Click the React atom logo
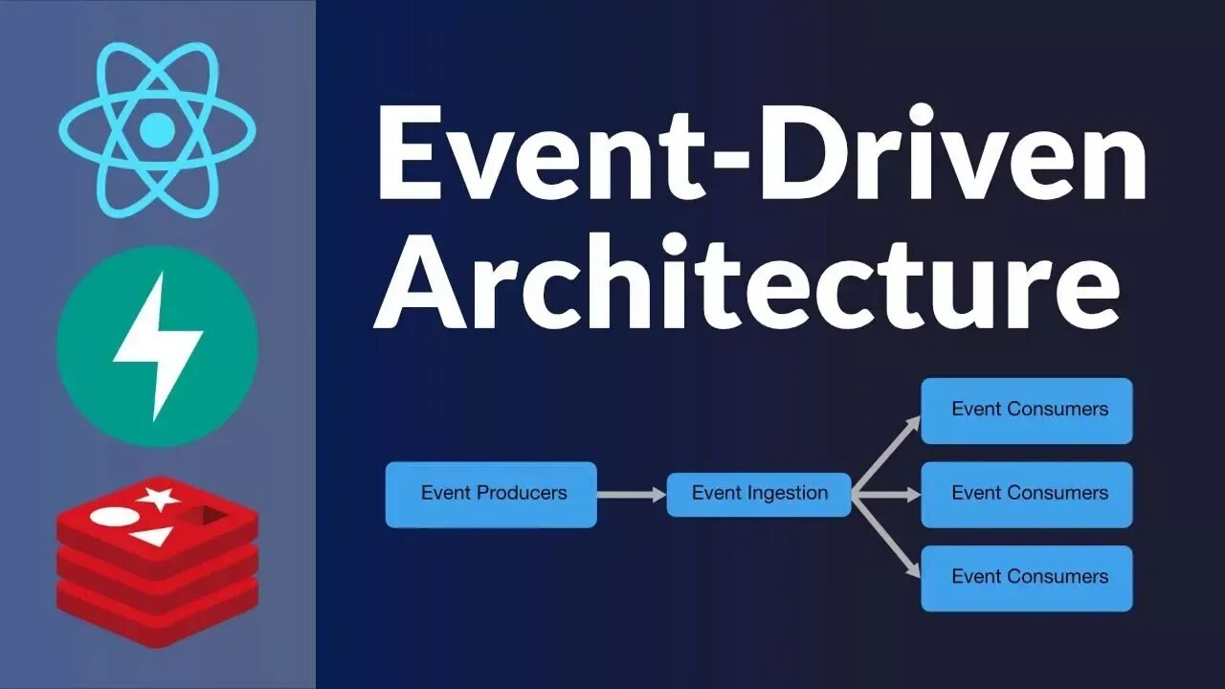click(x=157, y=128)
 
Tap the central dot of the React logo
click(x=157, y=128)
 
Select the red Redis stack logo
click(x=158, y=560)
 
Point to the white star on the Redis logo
click(x=159, y=497)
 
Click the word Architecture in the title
click(x=746, y=278)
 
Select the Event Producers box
click(x=491, y=495)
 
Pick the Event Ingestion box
click(x=759, y=495)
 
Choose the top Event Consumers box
click(x=1027, y=411)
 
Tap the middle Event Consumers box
click(x=1027, y=495)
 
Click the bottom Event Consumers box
click(x=1027, y=578)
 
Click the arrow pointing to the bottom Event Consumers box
click(x=886, y=537)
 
